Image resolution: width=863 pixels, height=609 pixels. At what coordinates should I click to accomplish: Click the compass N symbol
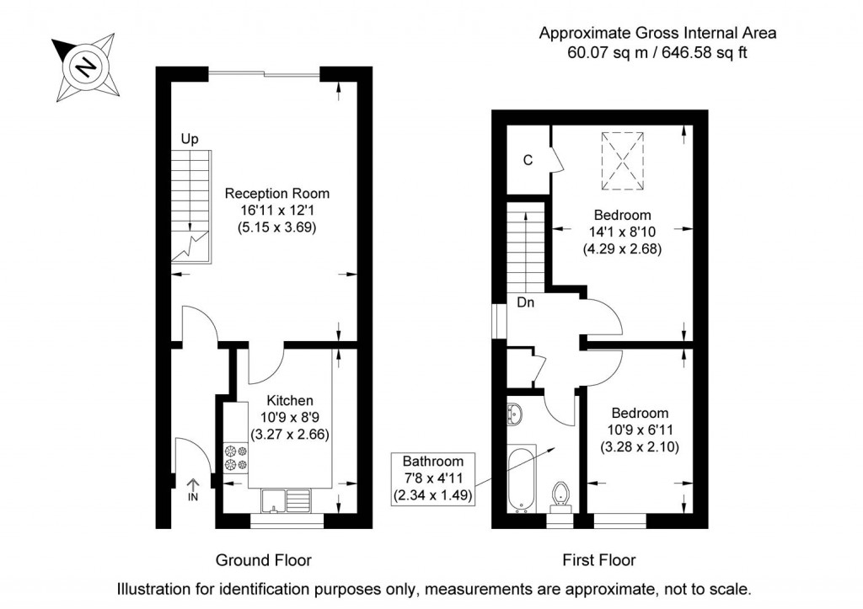click(86, 67)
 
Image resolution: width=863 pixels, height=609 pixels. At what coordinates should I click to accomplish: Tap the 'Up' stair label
click(190, 139)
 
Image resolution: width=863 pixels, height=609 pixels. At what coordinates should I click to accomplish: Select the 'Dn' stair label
click(526, 302)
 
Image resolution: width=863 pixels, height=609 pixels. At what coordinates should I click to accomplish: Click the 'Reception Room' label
click(276, 194)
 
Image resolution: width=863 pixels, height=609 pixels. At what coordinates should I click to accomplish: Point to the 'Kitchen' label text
click(290, 400)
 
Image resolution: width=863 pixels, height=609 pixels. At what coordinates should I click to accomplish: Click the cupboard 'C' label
click(528, 160)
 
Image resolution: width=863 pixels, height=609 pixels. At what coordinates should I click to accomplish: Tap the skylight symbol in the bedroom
click(623, 161)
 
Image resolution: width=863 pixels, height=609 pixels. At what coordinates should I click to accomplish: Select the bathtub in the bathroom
click(521, 478)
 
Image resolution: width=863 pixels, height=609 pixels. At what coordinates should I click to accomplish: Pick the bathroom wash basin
click(515, 413)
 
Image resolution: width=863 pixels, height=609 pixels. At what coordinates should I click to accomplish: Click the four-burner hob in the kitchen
click(236, 458)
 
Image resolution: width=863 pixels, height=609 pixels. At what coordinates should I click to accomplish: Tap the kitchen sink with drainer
click(286, 500)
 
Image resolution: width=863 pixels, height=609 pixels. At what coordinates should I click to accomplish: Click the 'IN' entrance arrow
click(193, 489)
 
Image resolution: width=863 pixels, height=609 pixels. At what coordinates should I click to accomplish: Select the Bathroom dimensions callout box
click(432, 478)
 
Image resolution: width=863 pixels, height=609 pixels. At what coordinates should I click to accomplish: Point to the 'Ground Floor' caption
click(264, 561)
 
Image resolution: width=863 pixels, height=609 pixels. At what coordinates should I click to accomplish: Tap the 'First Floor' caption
click(599, 561)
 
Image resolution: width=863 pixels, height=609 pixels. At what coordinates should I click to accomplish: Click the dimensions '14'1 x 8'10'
click(623, 232)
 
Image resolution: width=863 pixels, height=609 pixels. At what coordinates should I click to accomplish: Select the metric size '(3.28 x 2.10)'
click(640, 446)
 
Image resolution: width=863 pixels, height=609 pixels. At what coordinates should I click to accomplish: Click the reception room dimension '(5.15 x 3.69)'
click(276, 227)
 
